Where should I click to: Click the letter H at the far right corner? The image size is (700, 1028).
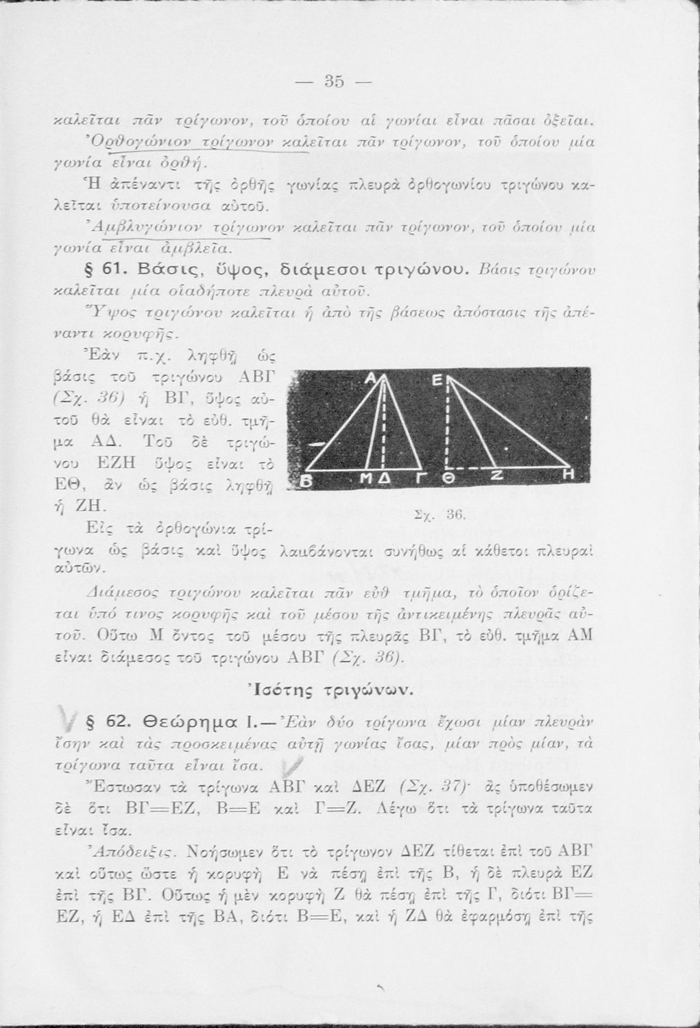point(568,475)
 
